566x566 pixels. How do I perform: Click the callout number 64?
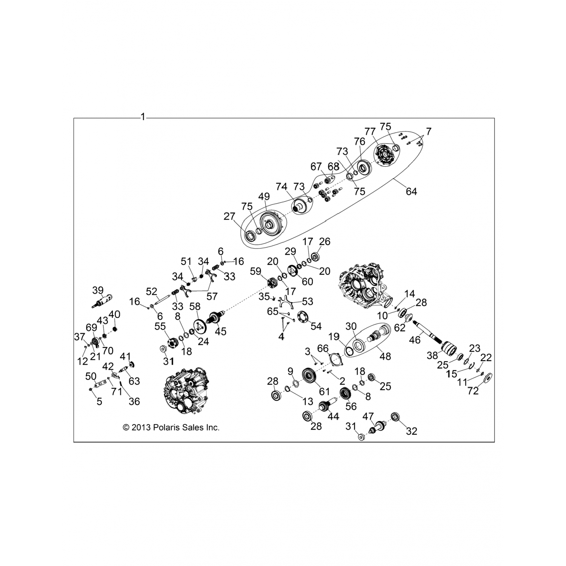point(411,191)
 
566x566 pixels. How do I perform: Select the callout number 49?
point(264,196)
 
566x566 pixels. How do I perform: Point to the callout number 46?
point(415,340)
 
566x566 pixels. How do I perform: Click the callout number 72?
point(473,391)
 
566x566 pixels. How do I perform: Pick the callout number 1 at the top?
point(143,117)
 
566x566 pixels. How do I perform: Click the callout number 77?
point(371,131)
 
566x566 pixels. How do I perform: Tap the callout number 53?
point(308,301)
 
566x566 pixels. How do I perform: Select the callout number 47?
point(368,417)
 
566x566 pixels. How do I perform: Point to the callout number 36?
point(134,401)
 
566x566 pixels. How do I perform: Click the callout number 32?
point(411,431)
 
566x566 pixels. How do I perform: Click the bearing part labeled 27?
point(250,236)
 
